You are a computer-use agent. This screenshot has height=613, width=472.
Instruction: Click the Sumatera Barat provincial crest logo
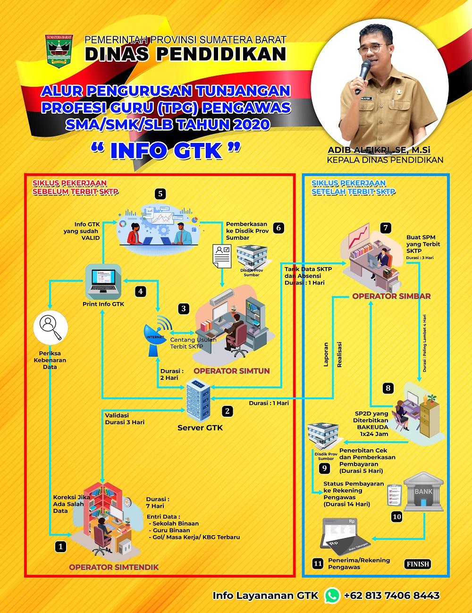59,51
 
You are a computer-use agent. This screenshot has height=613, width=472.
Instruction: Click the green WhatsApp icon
332,595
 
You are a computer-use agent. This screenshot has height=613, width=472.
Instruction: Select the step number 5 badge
160,193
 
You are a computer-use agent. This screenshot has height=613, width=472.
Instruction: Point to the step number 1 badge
60,546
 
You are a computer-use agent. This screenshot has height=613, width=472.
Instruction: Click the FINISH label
418,564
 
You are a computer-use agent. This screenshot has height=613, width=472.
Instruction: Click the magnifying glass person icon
50,327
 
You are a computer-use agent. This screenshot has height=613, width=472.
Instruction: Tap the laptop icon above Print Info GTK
103,281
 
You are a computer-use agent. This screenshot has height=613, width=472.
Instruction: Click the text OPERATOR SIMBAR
391,296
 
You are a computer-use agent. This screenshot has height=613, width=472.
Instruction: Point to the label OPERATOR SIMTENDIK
114,567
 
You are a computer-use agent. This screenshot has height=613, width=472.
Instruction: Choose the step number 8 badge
388,388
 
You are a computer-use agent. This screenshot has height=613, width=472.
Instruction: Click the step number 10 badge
396,517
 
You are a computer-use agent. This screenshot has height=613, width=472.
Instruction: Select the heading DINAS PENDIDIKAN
185,54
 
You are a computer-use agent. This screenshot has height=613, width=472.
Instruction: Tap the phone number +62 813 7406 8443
392,596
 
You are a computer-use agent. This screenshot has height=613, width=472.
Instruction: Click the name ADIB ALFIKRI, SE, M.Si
379,150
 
